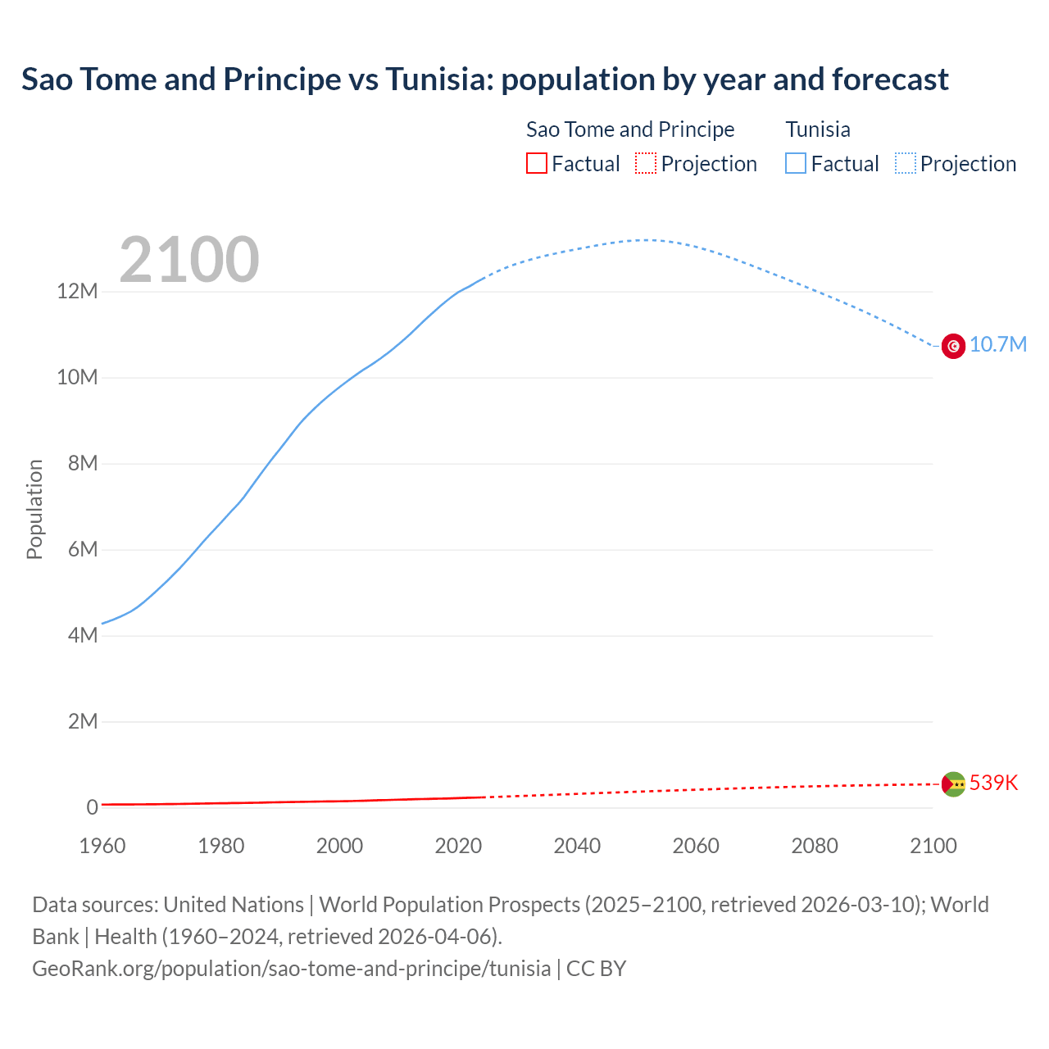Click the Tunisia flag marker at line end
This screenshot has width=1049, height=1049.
[x=953, y=346]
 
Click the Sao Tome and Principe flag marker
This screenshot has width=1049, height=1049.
[x=953, y=784]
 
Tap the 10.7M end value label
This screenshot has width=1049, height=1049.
[x=997, y=344]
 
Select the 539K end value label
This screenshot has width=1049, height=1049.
[x=993, y=783]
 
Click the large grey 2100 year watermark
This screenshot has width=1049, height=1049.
[x=189, y=260]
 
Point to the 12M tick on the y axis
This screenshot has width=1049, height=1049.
[x=77, y=291]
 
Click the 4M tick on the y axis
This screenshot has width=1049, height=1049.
[x=82, y=635]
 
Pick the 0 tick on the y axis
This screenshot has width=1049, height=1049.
[x=92, y=807]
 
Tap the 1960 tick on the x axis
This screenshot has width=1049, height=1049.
[x=102, y=846]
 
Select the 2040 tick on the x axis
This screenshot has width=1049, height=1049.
[x=577, y=846]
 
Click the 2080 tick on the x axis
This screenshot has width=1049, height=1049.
[x=815, y=846]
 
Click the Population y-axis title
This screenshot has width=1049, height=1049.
[x=34, y=509]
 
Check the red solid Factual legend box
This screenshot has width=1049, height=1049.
[x=536, y=163]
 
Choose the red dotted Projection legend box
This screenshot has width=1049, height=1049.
[x=646, y=163]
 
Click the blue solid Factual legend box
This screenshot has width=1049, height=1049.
[x=795, y=163]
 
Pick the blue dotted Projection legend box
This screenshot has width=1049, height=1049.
[x=906, y=163]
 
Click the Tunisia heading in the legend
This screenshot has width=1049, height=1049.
[x=818, y=129]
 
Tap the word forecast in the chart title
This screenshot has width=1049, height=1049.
[x=890, y=79]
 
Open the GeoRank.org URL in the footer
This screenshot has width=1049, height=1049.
[x=291, y=969]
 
